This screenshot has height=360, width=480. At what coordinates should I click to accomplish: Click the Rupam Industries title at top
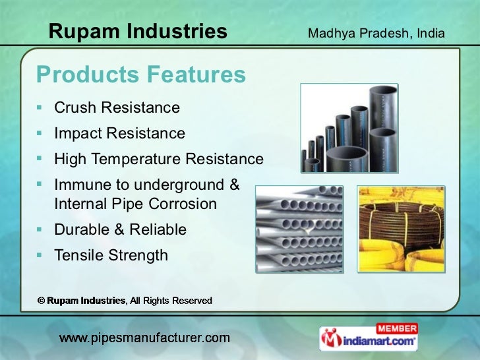pyautogui.click(x=138, y=31)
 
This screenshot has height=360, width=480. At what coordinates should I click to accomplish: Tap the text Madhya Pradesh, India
pyautogui.click(x=376, y=33)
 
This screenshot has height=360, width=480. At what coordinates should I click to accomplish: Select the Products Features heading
pyautogui.click(x=140, y=75)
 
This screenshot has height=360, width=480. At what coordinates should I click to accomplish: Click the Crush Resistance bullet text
pyautogui.click(x=117, y=107)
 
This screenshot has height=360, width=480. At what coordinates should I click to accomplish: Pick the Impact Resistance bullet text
pyautogui.click(x=119, y=133)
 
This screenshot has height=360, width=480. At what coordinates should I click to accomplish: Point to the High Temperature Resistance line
pyautogui.click(x=158, y=159)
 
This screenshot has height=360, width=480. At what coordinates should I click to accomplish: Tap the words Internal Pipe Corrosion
pyautogui.click(x=135, y=204)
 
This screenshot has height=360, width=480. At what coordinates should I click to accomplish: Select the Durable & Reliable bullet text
pyautogui.click(x=120, y=229)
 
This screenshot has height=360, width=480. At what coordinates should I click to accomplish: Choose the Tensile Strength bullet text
pyautogui.click(x=111, y=255)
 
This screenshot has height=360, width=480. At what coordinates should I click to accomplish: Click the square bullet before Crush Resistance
pyautogui.click(x=40, y=107)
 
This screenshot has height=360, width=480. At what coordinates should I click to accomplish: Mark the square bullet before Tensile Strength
pyautogui.click(x=40, y=255)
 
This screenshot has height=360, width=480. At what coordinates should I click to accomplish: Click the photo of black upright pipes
pyautogui.click(x=349, y=128)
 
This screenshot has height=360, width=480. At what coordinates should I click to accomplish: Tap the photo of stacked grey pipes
pyautogui.click(x=299, y=229)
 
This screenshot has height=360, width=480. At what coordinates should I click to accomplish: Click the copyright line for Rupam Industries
pyautogui.click(x=125, y=301)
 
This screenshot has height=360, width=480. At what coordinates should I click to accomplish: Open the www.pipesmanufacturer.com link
pyautogui.click(x=144, y=338)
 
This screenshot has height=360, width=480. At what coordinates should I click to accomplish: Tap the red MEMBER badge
pyautogui.click(x=396, y=328)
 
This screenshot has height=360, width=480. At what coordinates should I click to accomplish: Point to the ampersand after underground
pyautogui.click(x=234, y=185)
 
